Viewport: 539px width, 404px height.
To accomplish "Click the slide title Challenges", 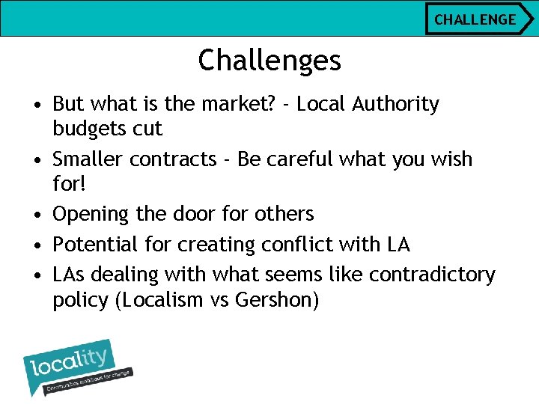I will click(269, 60).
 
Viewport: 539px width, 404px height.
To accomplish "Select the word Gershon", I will click(276, 300).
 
